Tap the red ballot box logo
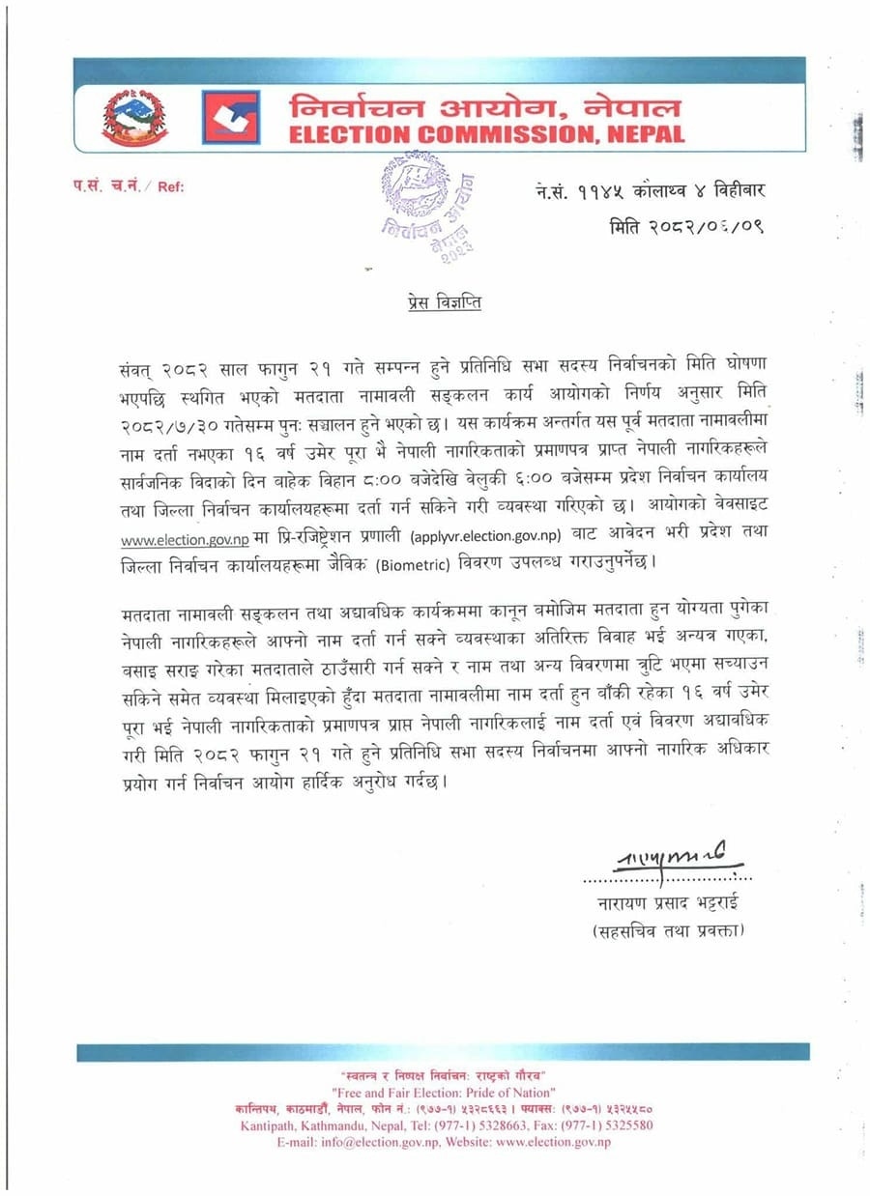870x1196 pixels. point(230,118)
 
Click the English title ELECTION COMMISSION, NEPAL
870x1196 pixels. point(486,134)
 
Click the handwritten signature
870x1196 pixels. point(667,859)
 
